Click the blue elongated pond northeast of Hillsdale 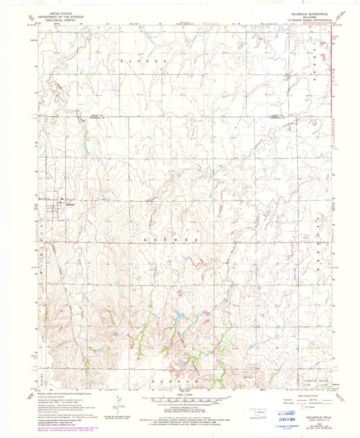tap(86, 146)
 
